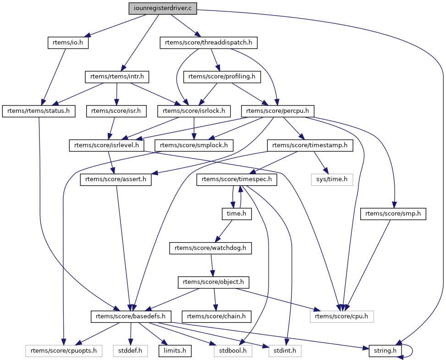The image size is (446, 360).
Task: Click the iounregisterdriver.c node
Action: pos(163,8)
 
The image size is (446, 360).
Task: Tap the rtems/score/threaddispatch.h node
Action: pos(208,43)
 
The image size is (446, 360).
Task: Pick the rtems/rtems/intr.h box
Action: pos(118,77)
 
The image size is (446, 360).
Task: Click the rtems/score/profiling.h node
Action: pos(222,77)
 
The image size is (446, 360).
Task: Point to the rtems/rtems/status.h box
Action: pos(39,111)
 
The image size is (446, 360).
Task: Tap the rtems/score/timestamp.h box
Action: pos(310,145)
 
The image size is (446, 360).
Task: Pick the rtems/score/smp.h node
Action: pos(393,214)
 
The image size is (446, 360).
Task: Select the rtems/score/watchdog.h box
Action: pos(211,248)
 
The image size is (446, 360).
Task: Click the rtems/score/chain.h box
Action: pos(217,316)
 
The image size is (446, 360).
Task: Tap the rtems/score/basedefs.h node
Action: pos(132,316)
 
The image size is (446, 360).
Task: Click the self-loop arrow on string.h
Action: pos(411,351)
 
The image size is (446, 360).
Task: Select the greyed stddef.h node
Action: pos(131,351)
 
